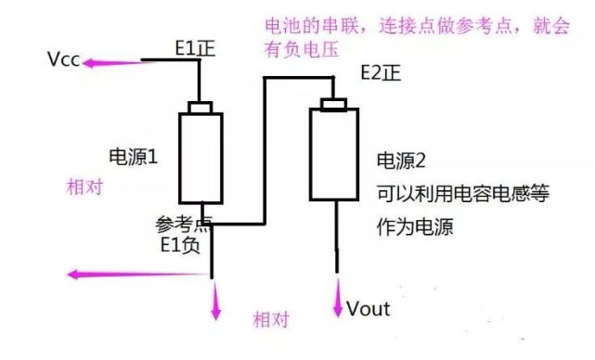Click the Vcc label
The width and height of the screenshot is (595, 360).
[64, 61]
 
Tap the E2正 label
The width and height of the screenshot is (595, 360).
[381, 75]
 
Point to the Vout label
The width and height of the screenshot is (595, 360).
[369, 308]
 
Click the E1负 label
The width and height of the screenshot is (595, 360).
[179, 246]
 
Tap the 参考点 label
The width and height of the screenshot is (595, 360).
[184, 224]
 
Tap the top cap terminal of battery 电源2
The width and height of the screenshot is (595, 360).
[334, 104]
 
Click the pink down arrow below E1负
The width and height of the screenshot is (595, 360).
[216, 302]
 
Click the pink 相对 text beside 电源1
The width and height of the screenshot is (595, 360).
[84, 186]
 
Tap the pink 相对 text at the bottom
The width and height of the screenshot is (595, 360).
[271, 320]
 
